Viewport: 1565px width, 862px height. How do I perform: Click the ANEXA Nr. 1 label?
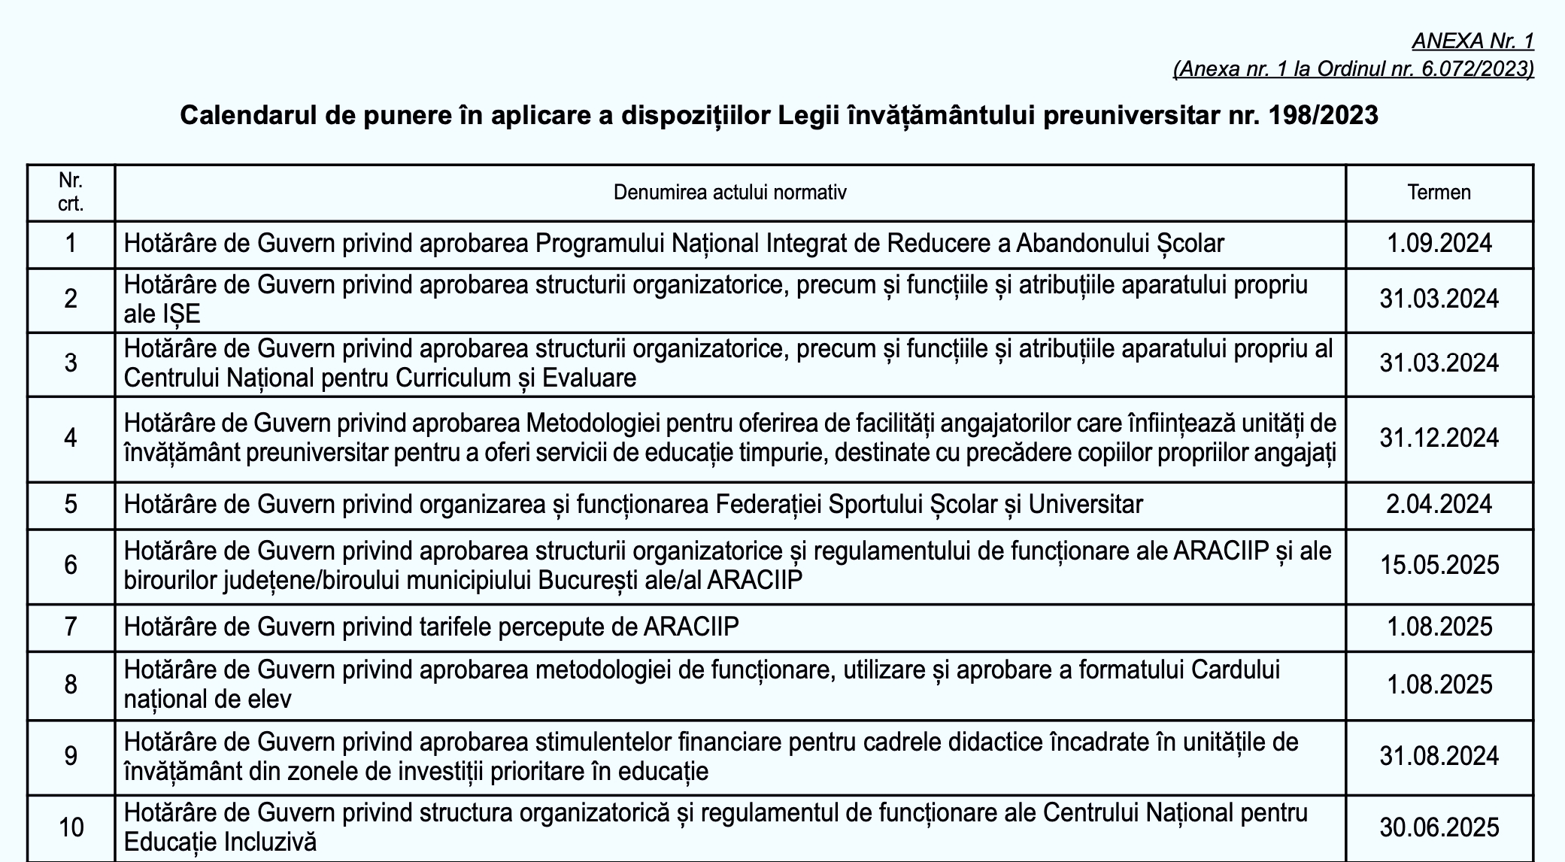1472,41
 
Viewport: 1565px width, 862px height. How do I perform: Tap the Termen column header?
1439,193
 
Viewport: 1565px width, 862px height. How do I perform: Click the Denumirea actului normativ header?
729,193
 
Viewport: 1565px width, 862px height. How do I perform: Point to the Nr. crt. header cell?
71,193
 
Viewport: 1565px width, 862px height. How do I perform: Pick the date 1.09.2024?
1439,244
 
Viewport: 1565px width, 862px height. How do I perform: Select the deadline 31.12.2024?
1439,438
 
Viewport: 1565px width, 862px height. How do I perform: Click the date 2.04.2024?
1439,504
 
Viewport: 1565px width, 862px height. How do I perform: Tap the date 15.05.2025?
1439,565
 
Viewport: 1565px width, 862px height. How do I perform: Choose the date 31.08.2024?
1439,756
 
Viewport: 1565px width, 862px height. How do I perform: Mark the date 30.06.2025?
1439,827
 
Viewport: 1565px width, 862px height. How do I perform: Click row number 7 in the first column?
71,627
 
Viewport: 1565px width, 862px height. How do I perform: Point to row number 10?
71,827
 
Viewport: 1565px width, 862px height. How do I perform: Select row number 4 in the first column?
71,438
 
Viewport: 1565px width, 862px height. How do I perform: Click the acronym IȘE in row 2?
181,314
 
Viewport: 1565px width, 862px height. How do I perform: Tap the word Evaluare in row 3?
589,378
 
